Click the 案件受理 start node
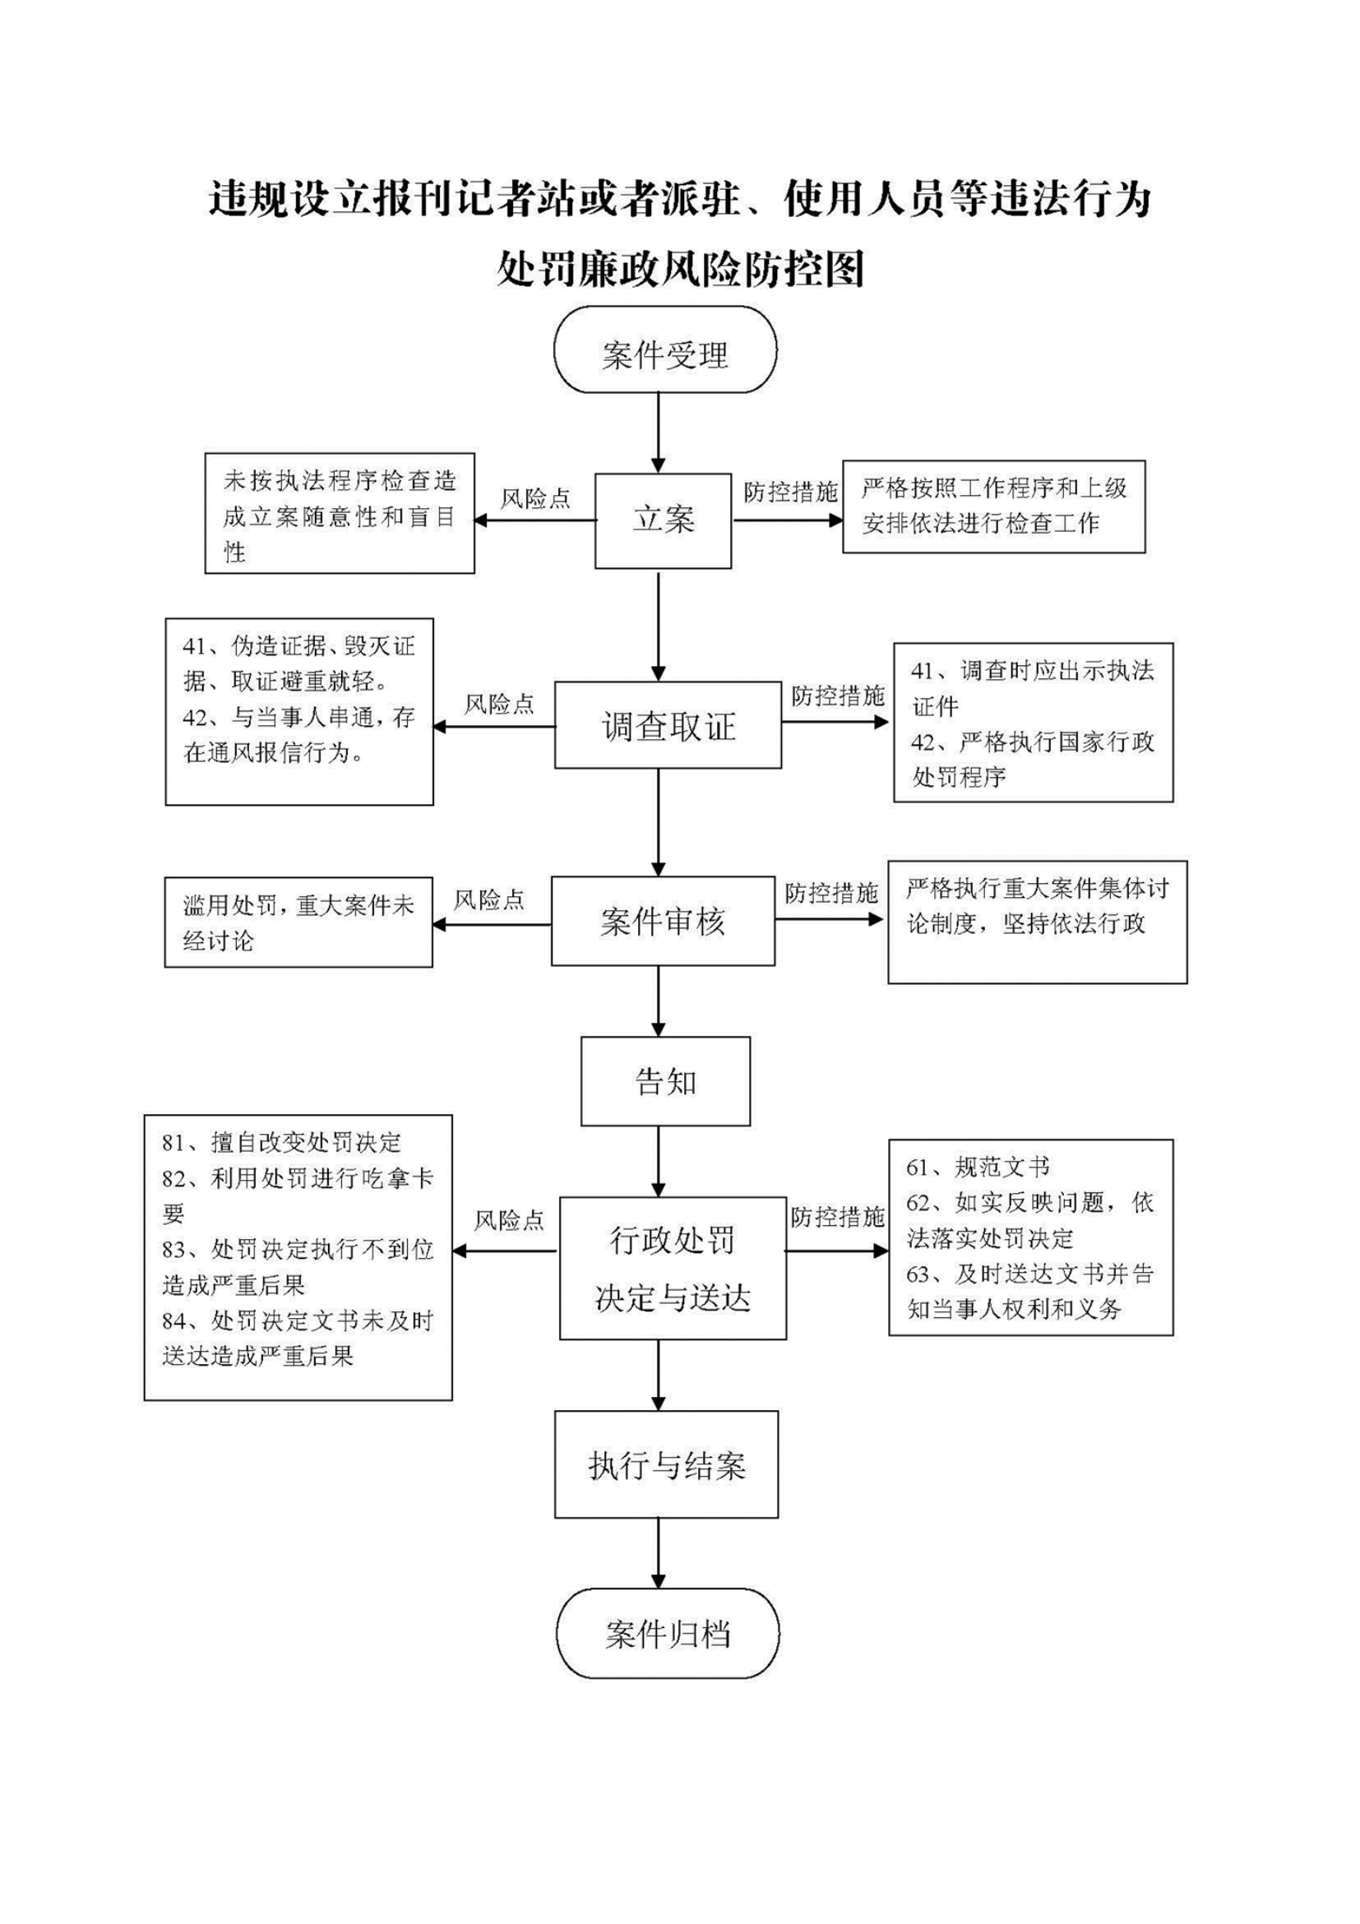click(x=664, y=349)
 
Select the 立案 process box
click(x=663, y=520)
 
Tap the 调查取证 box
click(x=668, y=725)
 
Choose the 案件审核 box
click(x=663, y=921)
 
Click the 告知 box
click(x=665, y=1081)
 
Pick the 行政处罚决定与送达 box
click(x=673, y=1268)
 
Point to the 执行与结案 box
click(x=666, y=1464)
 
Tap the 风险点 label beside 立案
click(x=535, y=498)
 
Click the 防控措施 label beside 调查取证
click(x=838, y=695)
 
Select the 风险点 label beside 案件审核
click(x=488, y=900)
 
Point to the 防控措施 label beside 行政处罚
click(x=838, y=1217)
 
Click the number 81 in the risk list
click(x=173, y=1143)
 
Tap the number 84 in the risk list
click(x=173, y=1321)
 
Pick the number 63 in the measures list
click(x=918, y=1274)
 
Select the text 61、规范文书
click(x=977, y=1167)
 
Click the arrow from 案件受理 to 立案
click(x=659, y=433)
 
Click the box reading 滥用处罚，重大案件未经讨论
click(x=298, y=922)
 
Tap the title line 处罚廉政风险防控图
click(x=679, y=270)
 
